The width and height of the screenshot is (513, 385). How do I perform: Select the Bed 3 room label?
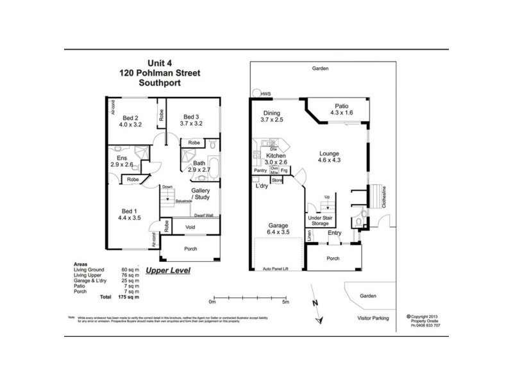(x=190, y=119)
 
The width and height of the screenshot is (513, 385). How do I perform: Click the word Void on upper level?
(x=190, y=227)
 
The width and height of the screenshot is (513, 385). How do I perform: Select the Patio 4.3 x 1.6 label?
(x=341, y=110)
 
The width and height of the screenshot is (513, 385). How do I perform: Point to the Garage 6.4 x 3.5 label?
(x=280, y=230)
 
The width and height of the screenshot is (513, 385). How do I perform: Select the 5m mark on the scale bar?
(x=285, y=301)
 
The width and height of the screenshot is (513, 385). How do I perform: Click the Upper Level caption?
(x=167, y=271)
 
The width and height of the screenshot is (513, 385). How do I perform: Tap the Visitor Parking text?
(x=375, y=318)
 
